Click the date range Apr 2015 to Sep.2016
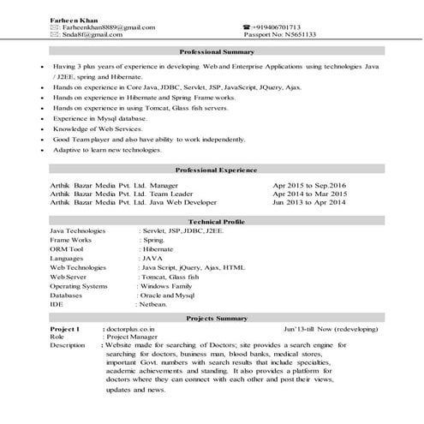tap(309, 185)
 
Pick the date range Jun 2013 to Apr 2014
tap(309, 203)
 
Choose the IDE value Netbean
tap(152, 304)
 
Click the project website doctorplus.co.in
tap(131, 328)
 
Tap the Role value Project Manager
tap(134, 337)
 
